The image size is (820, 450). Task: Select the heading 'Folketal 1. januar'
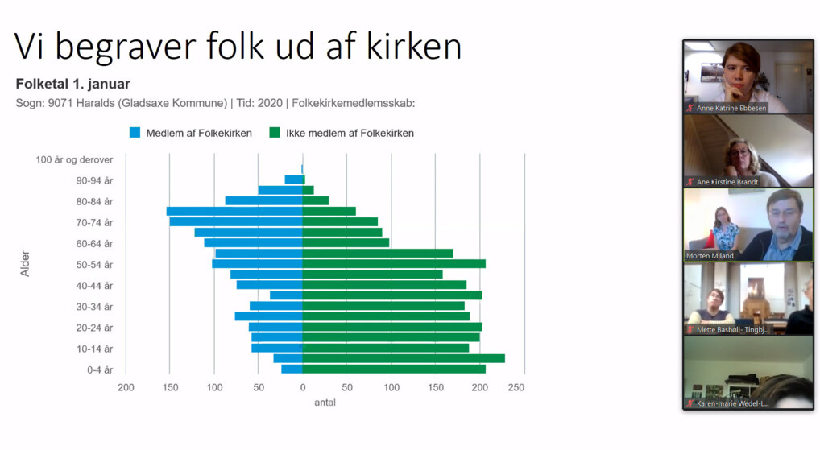[72, 84]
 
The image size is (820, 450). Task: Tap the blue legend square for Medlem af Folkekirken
[135, 133]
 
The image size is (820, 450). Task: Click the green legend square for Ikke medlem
[275, 133]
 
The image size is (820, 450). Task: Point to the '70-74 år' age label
[95, 223]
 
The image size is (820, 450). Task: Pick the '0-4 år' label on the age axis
[100, 370]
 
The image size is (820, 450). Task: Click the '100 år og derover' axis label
[74, 160]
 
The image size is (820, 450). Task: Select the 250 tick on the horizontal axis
[516, 387]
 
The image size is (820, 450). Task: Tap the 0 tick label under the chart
[303, 387]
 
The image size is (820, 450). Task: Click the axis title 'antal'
[325, 403]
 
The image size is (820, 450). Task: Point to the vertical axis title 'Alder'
[25, 263]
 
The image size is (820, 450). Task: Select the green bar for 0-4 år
[394, 369]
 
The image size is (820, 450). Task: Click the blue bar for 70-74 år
[236, 221]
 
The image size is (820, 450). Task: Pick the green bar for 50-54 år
[394, 264]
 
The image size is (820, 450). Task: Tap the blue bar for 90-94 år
[293, 180]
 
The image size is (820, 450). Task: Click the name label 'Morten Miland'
[710, 255]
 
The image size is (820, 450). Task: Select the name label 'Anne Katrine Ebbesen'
[731, 108]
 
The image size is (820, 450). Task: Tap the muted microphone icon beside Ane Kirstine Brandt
[690, 182]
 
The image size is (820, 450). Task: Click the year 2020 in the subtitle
[270, 103]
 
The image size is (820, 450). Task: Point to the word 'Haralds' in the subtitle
[96, 103]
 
